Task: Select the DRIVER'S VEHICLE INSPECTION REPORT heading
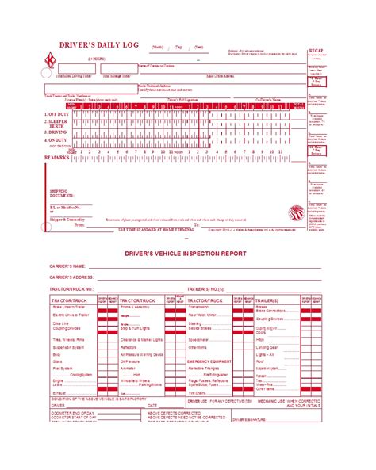point(187,253)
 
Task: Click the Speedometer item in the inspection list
point(198,339)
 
